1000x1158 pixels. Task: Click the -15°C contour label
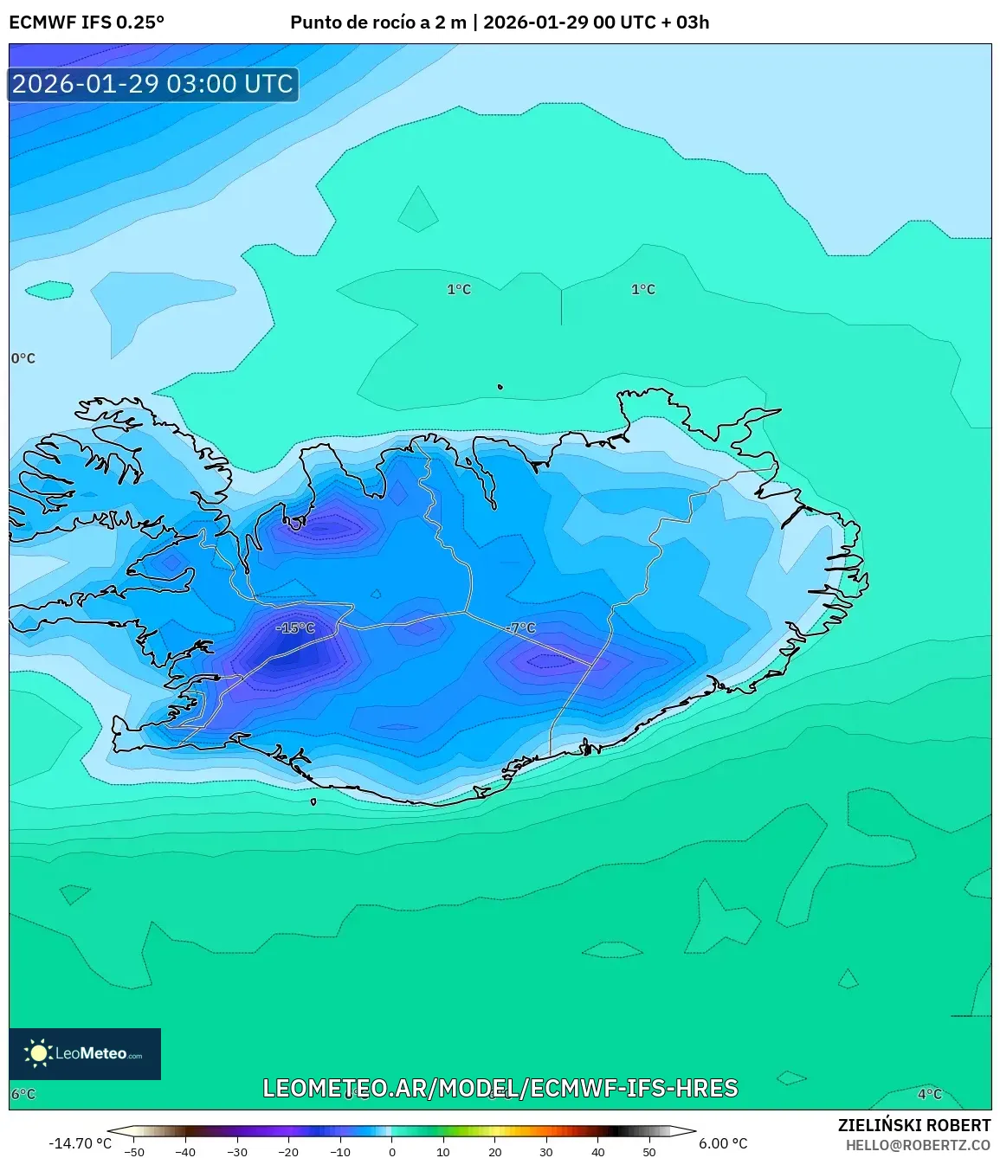tap(295, 627)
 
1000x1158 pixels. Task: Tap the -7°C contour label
tap(522, 628)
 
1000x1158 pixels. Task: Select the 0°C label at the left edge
tap(23, 358)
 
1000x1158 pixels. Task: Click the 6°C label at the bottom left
tap(23, 1094)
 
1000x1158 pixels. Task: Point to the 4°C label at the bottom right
tap(930, 1094)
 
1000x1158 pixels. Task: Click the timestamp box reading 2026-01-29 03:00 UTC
tap(153, 84)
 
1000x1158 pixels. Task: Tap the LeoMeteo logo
tap(85, 1053)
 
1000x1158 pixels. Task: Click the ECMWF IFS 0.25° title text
tap(86, 23)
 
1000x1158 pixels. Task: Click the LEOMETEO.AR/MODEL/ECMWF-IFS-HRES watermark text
tap(500, 1088)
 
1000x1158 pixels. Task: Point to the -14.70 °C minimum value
tap(80, 1143)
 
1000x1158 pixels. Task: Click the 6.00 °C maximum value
tap(723, 1143)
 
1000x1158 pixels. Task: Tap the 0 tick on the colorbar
tap(391, 1152)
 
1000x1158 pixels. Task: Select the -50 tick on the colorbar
tap(134, 1152)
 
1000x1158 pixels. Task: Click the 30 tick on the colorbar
tap(545, 1152)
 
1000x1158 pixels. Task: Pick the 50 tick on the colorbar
tap(648, 1152)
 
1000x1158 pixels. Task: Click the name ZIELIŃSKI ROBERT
tap(913, 1125)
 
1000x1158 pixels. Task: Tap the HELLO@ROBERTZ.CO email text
tap(918, 1145)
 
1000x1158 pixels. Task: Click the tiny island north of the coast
tap(500, 387)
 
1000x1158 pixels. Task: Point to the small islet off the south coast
tap(313, 801)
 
